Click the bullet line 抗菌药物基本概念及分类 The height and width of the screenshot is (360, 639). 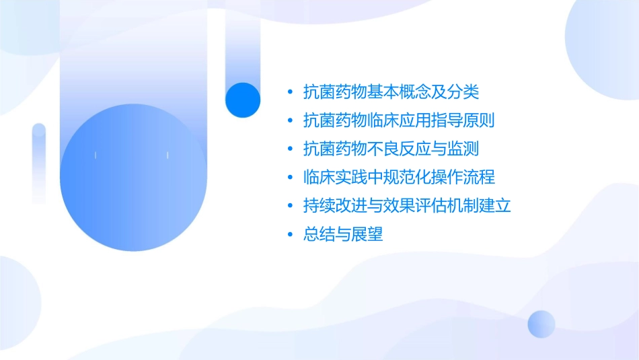(391, 92)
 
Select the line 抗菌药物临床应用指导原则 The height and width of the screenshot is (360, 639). (399, 120)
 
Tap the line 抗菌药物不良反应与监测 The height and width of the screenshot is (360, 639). (391, 149)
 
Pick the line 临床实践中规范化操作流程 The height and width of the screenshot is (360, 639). (399, 178)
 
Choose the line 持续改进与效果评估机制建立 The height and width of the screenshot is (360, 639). (407, 206)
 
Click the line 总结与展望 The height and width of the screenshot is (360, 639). (343, 235)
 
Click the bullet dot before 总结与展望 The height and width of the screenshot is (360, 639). (290, 235)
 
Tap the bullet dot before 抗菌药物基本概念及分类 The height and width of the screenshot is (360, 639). (290, 92)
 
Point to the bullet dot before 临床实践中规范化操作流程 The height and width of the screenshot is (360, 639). (290, 178)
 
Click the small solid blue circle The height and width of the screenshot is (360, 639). (243, 100)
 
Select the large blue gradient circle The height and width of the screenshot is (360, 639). (132, 177)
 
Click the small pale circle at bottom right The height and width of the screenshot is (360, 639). (541, 324)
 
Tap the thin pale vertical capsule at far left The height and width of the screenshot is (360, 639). (39, 163)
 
